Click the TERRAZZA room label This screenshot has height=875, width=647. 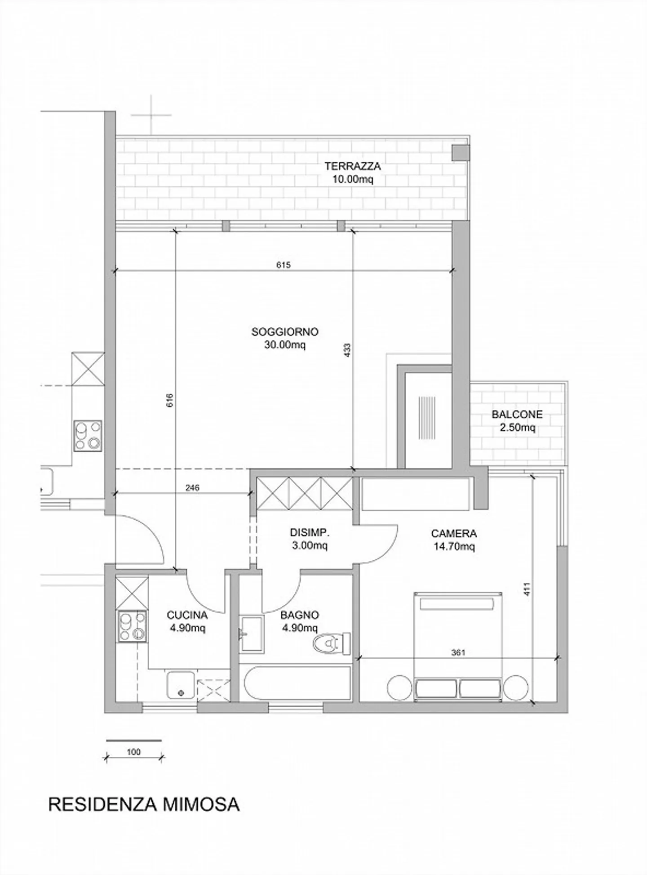point(353,166)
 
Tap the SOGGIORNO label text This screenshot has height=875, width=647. point(285,332)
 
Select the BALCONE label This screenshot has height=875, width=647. point(517,414)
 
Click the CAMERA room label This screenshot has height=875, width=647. point(454,534)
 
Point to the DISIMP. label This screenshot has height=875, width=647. point(310,533)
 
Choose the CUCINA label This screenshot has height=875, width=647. point(187,615)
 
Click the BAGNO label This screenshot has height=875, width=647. point(300,615)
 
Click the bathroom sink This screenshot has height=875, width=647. point(251,634)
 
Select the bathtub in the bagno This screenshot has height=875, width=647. point(297,683)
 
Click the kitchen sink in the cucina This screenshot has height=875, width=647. point(181,685)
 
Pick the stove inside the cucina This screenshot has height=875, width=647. point(132,626)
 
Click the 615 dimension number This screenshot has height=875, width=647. point(283,265)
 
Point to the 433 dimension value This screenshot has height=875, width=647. point(347,351)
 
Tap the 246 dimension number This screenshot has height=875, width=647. point(192,487)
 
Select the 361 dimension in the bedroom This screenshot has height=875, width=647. point(458,652)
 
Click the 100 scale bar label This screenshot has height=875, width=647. point(134,751)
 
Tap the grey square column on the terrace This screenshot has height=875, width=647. point(460,152)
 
